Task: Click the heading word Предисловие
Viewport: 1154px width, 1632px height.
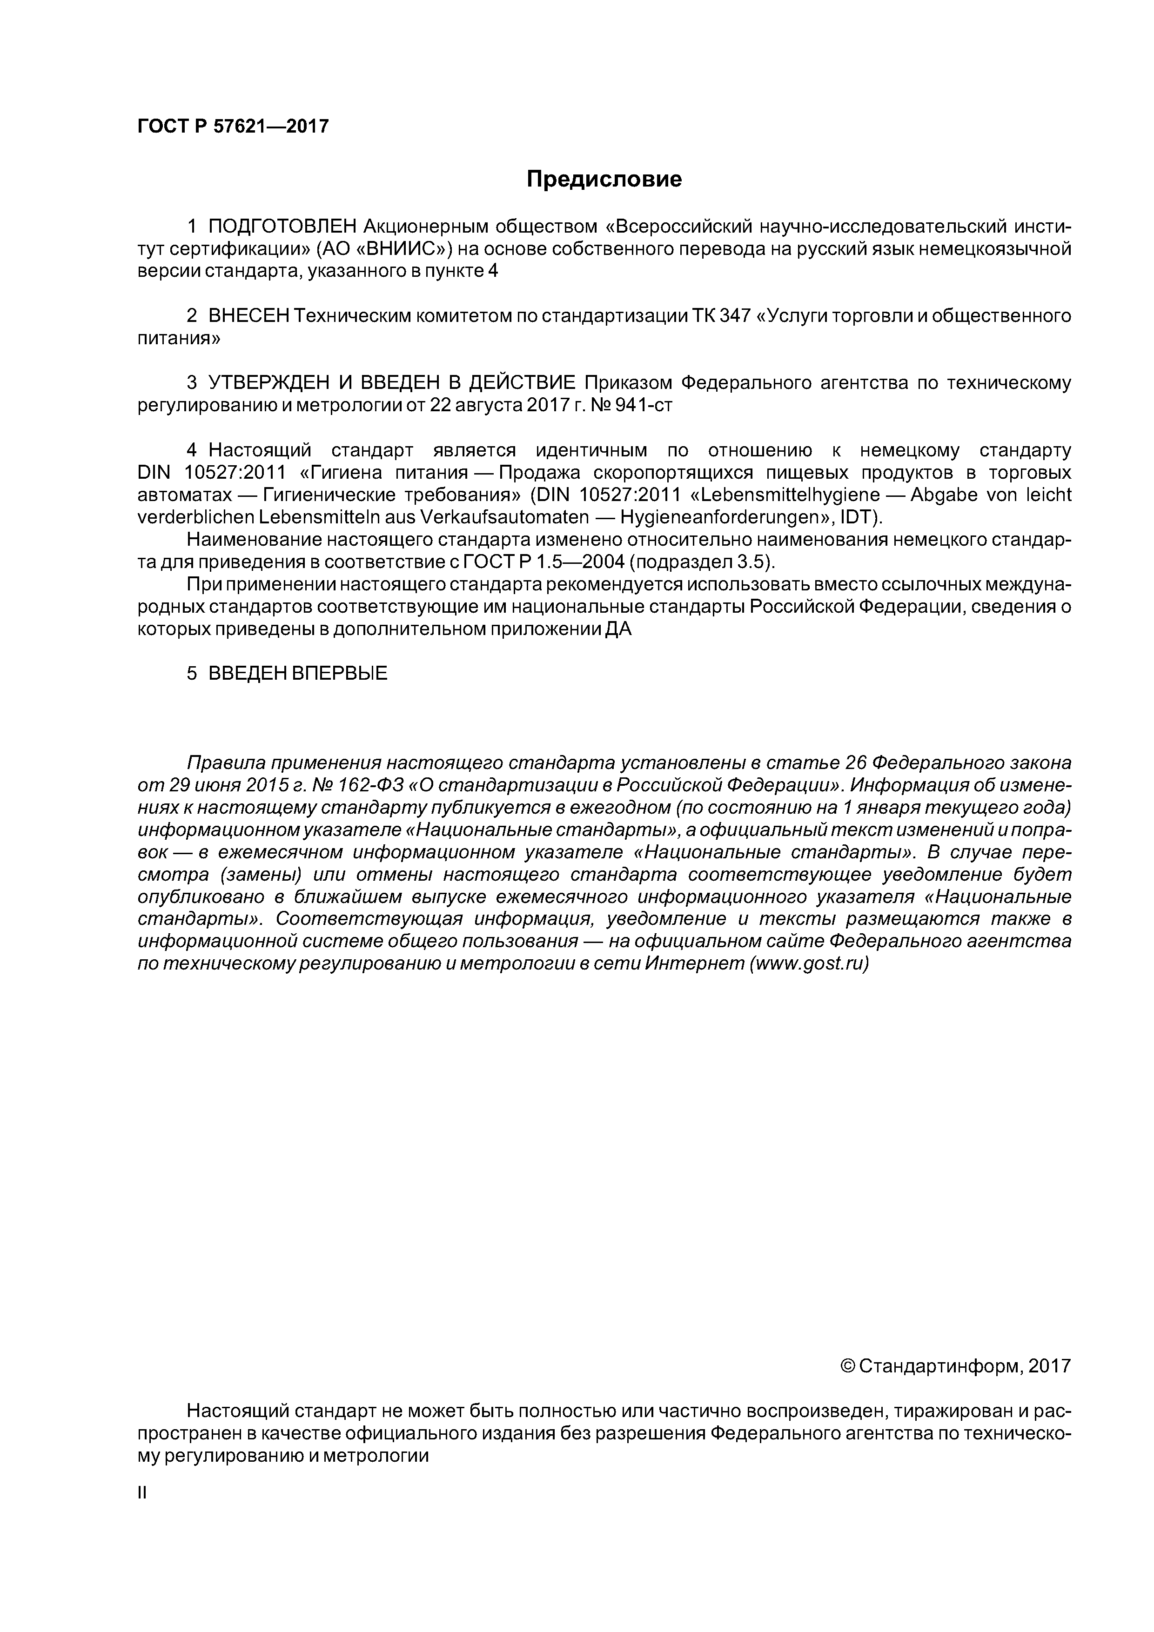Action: coord(604,179)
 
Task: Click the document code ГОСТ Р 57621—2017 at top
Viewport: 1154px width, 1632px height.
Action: coord(233,127)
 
